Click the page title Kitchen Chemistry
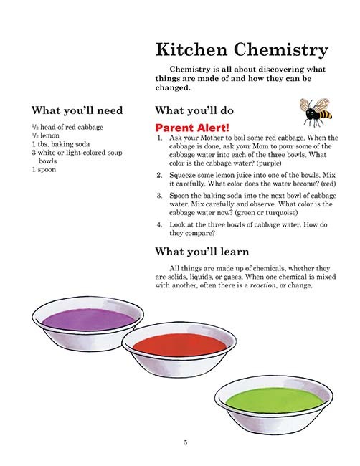coord(242,50)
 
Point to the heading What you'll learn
coord(202,252)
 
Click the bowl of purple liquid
coord(82,318)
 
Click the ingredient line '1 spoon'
coord(44,170)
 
